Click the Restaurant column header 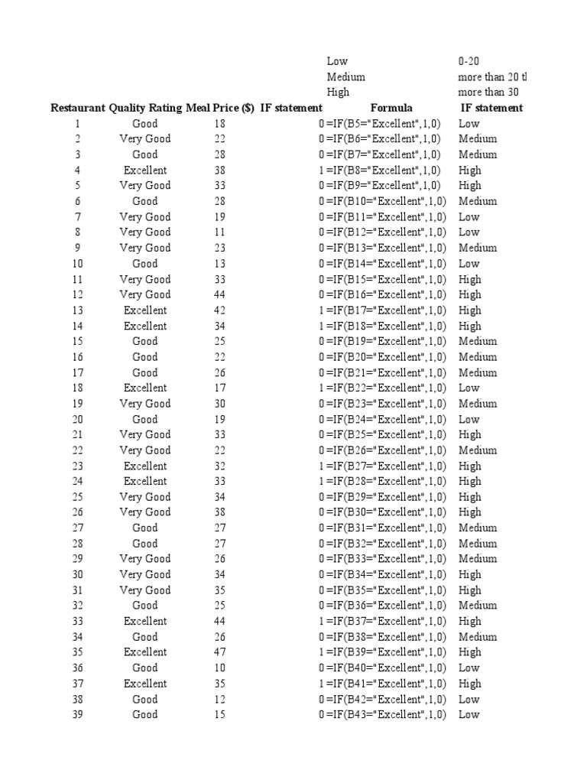click(x=77, y=108)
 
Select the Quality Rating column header click(x=145, y=108)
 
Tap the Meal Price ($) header click(x=220, y=108)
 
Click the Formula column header click(x=391, y=108)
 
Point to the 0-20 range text click(x=469, y=61)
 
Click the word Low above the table click(x=337, y=61)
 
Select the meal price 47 click(x=220, y=652)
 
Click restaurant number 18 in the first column click(x=77, y=388)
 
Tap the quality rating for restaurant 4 click(x=145, y=170)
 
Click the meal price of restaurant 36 click(x=220, y=668)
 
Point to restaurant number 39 click(x=77, y=714)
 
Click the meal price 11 click(x=220, y=232)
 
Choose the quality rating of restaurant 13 click(x=145, y=310)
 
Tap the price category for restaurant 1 click(x=469, y=123)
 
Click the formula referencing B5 click(x=383, y=123)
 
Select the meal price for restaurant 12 click(x=220, y=294)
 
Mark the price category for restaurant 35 click(x=470, y=652)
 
